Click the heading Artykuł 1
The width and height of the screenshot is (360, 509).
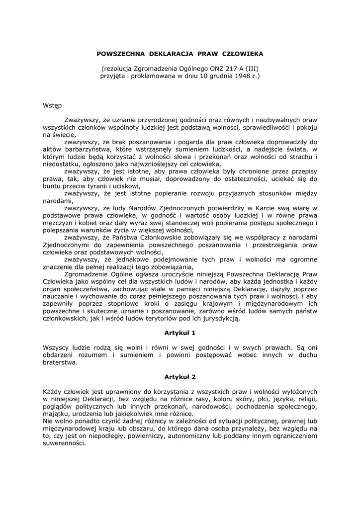(180, 332)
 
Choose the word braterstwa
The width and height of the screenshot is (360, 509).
(60, 362)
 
